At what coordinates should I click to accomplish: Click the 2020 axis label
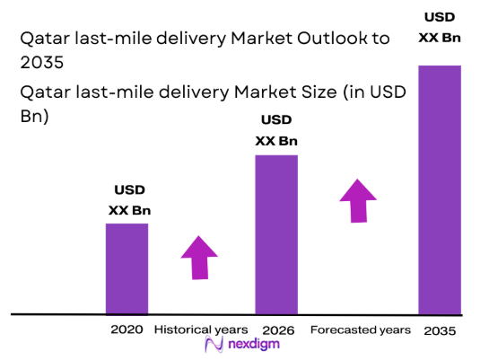(127, 329)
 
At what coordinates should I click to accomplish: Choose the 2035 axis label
(440, 330)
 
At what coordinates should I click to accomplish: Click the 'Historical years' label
(200, 329)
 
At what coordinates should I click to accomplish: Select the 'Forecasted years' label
(361, 329)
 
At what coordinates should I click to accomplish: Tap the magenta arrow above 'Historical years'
(199, 257)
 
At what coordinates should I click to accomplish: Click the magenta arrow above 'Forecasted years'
(359, 200)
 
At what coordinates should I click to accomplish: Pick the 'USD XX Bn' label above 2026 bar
(276, 130)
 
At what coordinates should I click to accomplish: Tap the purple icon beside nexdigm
(214, 346)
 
